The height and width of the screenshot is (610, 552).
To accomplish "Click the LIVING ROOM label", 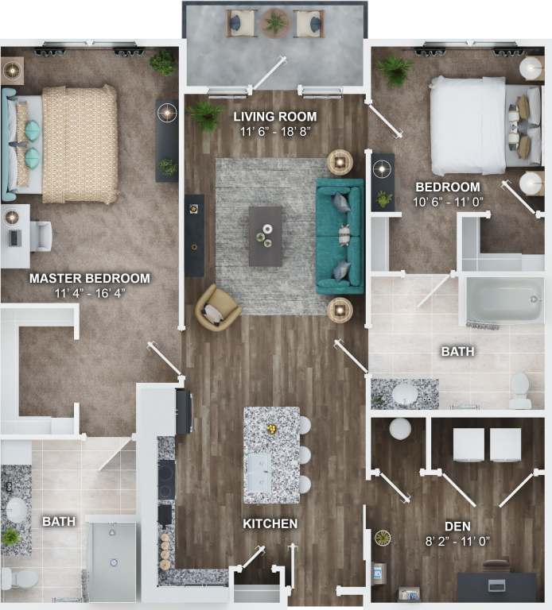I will pos(274,117).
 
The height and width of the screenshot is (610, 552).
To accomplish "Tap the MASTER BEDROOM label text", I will pos(89,278).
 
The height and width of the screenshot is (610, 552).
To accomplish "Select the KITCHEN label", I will pos(270,523).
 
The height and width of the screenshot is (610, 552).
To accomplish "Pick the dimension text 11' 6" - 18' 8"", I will pos(274,132).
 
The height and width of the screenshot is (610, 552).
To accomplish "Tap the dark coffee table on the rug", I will pos(265,236).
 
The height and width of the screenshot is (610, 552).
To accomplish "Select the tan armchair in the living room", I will pos(216,307).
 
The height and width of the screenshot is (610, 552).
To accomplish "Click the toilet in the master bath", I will pos(17,577).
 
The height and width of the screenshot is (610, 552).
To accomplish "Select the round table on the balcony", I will pos(275,22).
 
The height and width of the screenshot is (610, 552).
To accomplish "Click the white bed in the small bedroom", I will pos(469,125).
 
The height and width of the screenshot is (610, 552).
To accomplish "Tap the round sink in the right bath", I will pos(406,392).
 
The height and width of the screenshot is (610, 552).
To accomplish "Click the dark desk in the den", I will pos(496,586).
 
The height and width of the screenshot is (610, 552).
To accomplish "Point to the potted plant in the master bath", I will pos(10,538).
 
